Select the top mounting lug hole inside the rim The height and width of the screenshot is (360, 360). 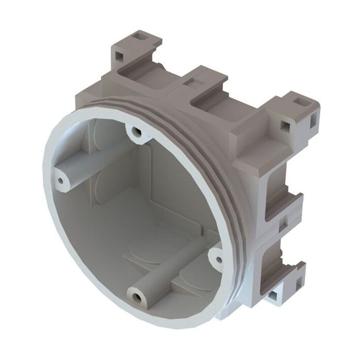(x=136, y=133)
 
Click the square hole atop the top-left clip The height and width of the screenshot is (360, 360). (x=139, y=37)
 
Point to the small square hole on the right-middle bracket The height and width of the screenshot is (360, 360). (x=282, y=224)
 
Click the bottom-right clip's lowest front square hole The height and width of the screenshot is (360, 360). (x=272, y=296)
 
